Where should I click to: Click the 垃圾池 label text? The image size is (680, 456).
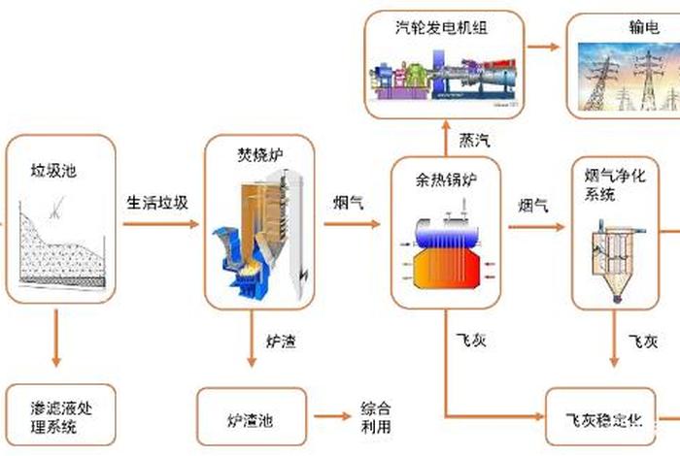coord(54,171)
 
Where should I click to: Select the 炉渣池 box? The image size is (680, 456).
coord(251,419)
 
